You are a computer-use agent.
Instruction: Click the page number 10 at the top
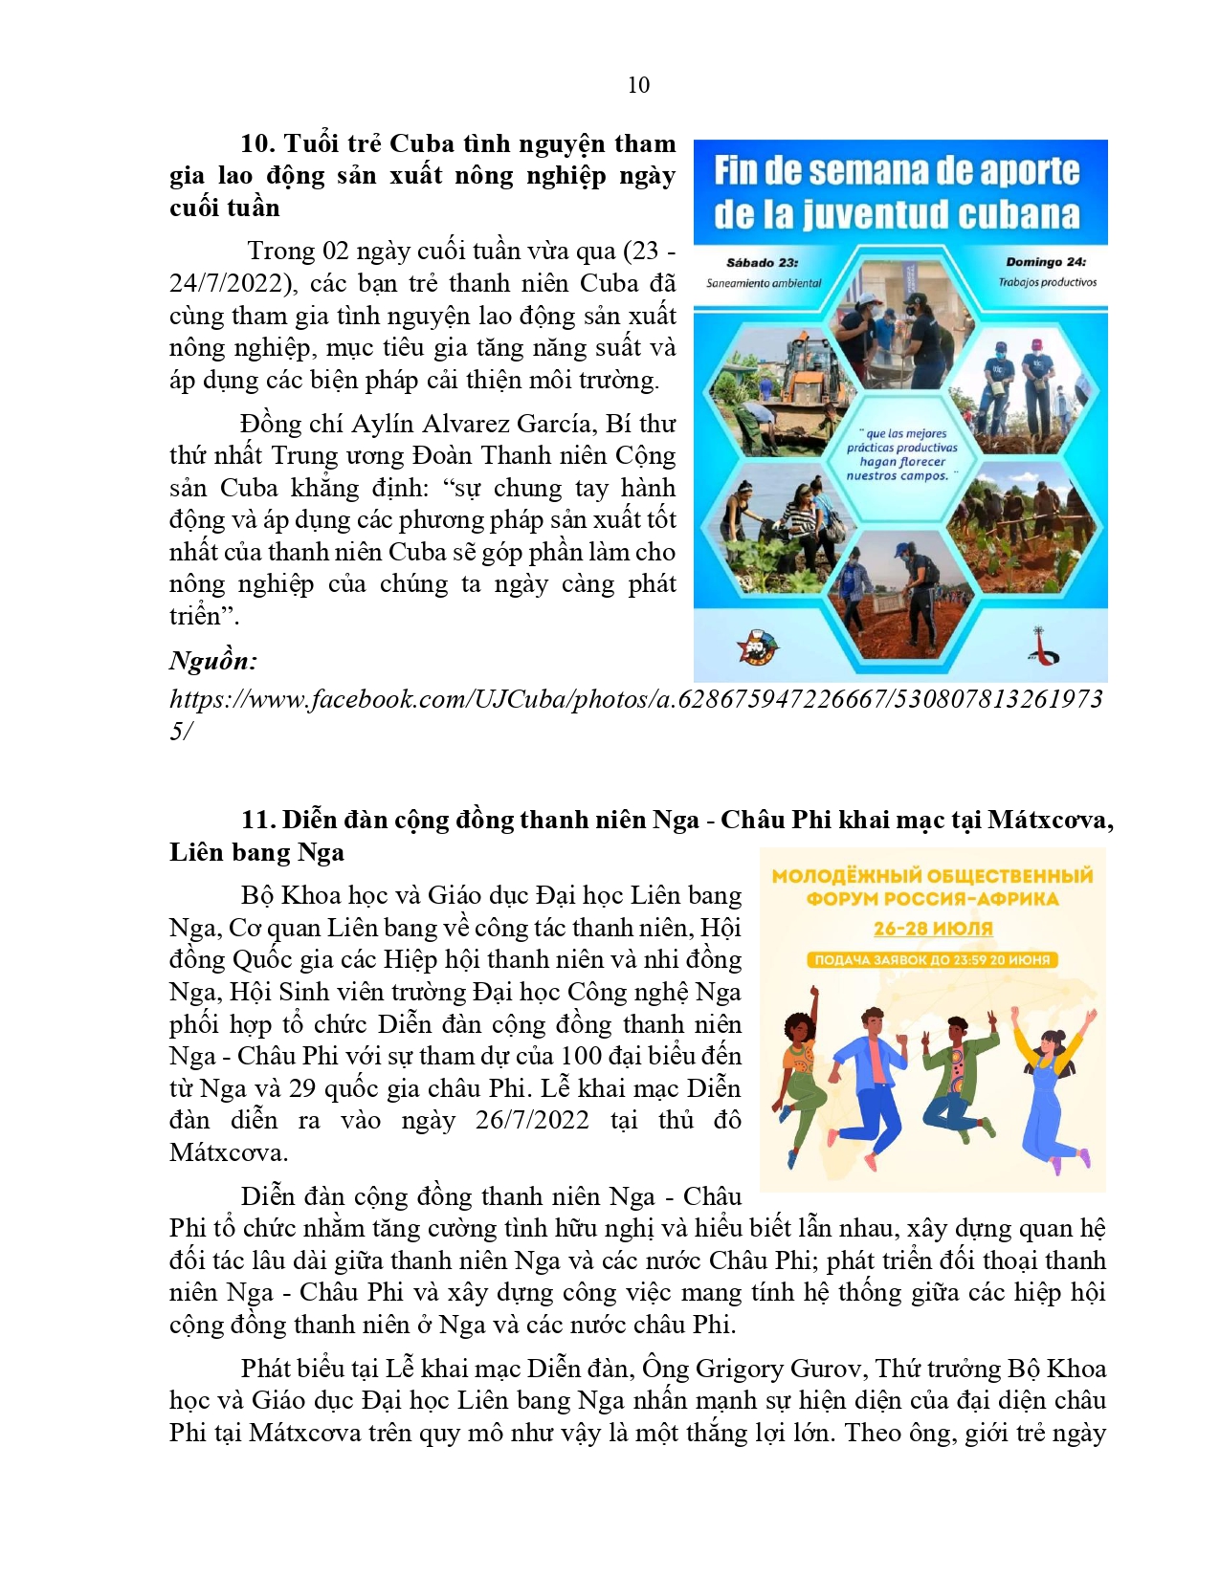[x=638, y=85]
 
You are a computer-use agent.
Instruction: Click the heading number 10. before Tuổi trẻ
[x=257, y=143]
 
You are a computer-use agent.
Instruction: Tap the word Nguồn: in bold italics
[x=213, y=661]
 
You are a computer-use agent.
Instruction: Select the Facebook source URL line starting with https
[x=635, y=699]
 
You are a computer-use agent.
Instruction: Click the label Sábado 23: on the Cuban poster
[x=762, y=262]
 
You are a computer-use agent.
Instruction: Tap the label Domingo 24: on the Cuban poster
[x=1045, y=261]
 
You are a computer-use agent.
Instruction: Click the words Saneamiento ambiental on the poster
[x=764, y=283]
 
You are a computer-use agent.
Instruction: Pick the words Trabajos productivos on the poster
[x=1048, y=282]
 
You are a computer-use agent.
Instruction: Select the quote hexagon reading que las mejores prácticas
[x=900, y=454]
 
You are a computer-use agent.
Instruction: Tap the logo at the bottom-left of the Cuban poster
[x=757, y=647]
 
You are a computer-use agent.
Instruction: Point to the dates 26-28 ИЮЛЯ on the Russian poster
[x=933, y=929]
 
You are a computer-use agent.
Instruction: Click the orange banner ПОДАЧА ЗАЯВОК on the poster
[x=932, y=959]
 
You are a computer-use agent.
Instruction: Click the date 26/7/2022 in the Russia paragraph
[x=532, y=1120]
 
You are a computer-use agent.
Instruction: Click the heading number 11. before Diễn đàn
[x=257, y=820]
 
